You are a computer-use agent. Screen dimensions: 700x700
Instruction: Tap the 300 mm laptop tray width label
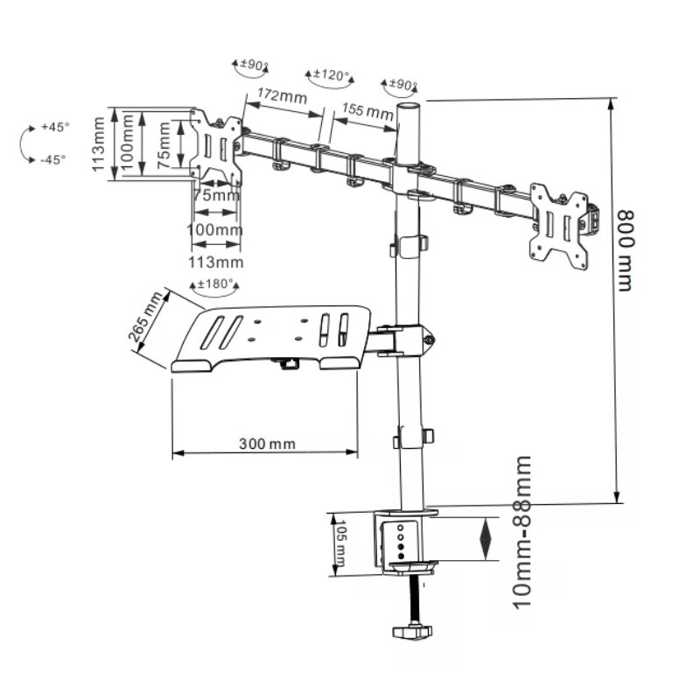(x=267, y=444)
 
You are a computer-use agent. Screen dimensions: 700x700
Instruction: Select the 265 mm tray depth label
(x=145, y=316)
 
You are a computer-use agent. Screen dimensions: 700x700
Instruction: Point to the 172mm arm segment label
(x=282, y=95)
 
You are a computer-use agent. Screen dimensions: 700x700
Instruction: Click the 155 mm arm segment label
(x=367, y=111)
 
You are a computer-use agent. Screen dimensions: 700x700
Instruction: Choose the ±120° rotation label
(x=331, y=74)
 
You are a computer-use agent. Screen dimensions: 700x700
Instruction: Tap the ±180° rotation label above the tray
(x=215, y=283)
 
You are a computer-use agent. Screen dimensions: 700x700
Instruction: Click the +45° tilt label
(x=55, y=127)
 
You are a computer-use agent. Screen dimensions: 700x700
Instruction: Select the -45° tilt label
(x=53, y=159)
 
